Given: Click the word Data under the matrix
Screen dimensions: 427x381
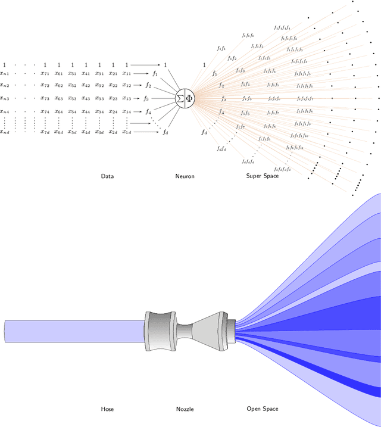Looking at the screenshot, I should [x=107, y=176].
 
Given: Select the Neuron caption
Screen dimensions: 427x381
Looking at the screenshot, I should [x=185, y=176].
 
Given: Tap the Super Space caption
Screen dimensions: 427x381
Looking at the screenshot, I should [x=263, y=176].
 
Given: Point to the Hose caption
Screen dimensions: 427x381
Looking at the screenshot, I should [x=107, y=409].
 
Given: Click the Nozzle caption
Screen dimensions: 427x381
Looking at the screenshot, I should [x=185, y=409].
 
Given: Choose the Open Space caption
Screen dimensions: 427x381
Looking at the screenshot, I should [x=263, y=409].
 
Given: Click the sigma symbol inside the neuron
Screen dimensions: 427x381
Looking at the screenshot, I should [x=180, y=98].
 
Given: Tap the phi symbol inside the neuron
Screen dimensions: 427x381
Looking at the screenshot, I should [x=190, y=98].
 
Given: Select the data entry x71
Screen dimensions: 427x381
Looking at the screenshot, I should [x=45, y=73].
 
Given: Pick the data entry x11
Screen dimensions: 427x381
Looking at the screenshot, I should [x=126, y=73].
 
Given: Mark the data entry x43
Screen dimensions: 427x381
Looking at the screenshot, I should [x=86, y=98].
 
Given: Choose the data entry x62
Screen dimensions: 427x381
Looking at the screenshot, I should [x=58, y=86].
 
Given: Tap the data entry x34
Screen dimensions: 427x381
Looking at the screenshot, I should [x=99, y=111].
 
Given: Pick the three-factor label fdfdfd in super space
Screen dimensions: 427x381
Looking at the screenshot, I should [x=248, y=161].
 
